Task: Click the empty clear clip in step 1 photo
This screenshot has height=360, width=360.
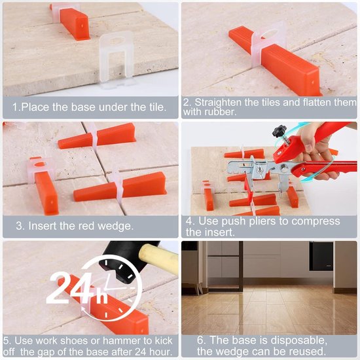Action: [117, 59]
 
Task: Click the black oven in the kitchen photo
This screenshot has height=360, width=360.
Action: [321, 257]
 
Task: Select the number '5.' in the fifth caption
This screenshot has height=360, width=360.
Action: [7, 341]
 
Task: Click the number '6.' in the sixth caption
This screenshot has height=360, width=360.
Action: [202, 340]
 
